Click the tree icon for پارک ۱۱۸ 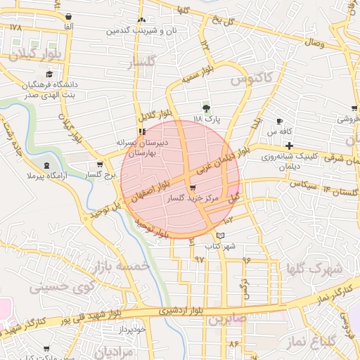click(x=206, y=108)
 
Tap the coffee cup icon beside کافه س click(x=280, y=121)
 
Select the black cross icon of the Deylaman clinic click(x=289, y=145)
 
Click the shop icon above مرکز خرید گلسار click(x=193, y=188)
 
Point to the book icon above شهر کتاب click(x=221, y=235)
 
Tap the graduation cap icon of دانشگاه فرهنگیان click(x=49, y=74)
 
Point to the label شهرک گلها click(x=314, y=268)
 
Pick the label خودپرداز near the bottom click(x=131, y=328)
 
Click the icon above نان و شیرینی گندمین click(x=142, y=20)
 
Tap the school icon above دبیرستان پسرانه click(x=142, y=131)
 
